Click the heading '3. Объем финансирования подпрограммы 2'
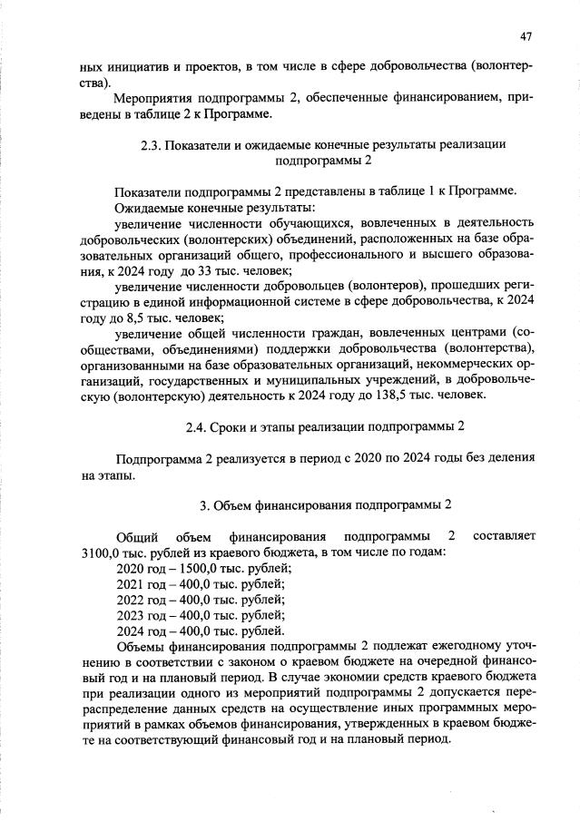click(x=325, y=504)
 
